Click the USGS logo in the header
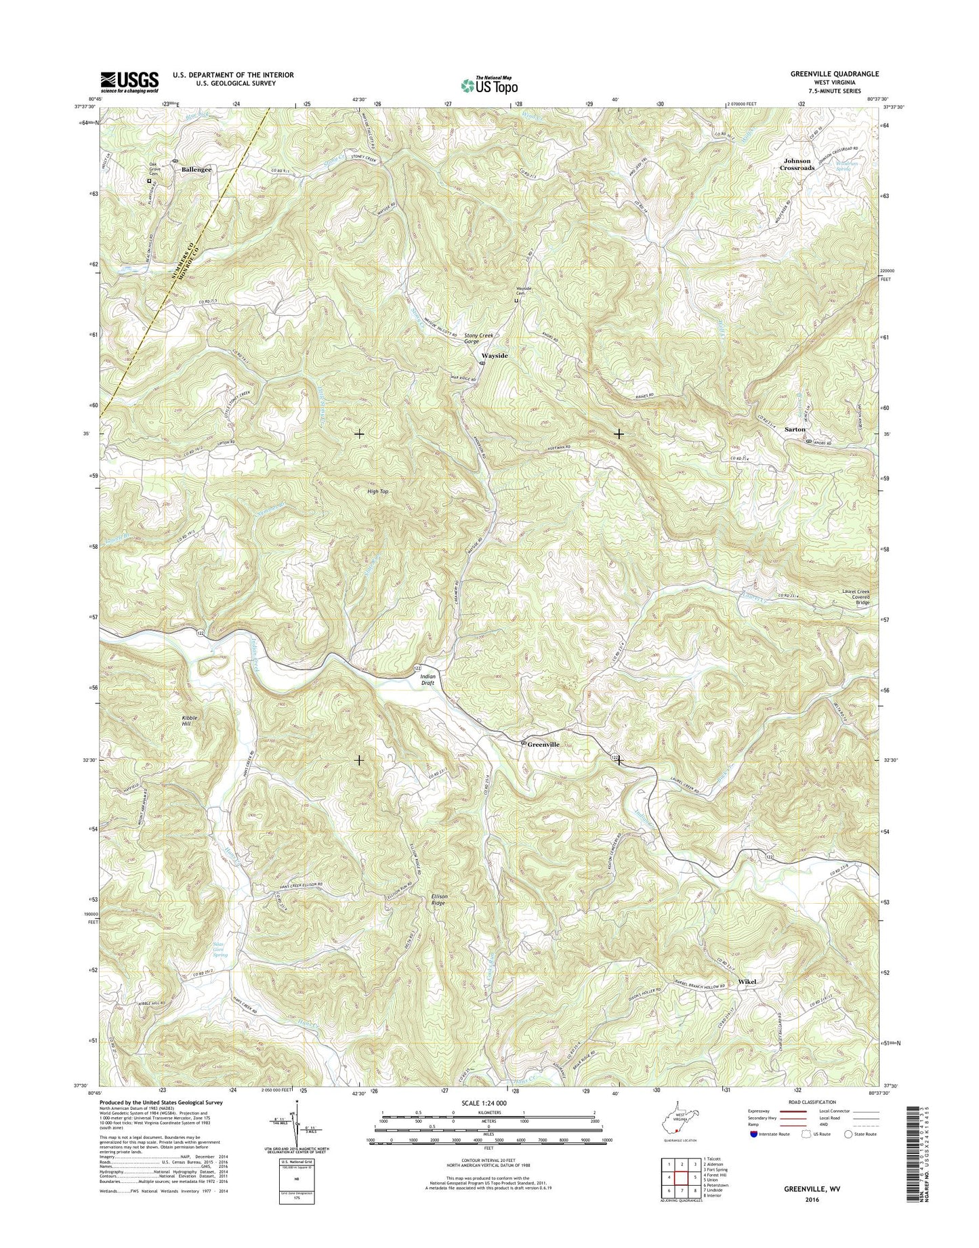129,82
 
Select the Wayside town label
494,355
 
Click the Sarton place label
795,430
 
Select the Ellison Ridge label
439,900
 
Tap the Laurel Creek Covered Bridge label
856,596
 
